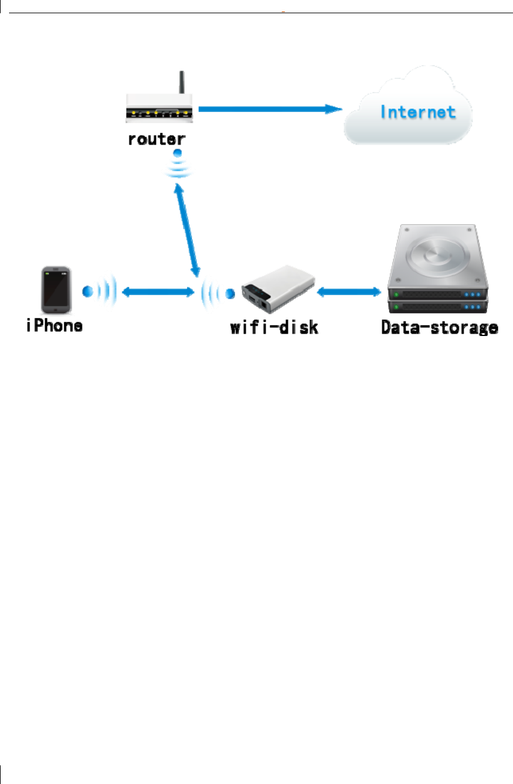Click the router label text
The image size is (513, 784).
[157, 139]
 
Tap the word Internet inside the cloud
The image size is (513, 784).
[418, 112]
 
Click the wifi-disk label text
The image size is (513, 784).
[273, 328]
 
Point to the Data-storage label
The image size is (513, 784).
[440, 328]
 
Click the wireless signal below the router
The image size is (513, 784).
[178, 164]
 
